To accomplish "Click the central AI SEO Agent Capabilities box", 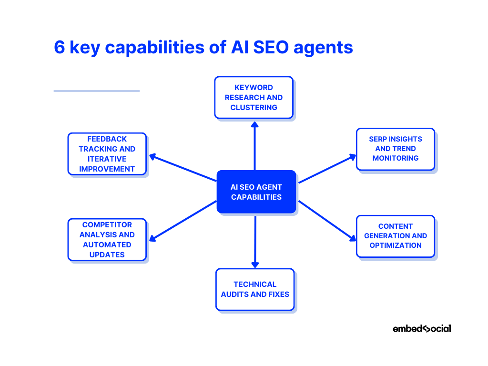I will pyautogui.click(x=256, y=192).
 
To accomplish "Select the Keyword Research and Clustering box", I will pyautogui.click(x=254, y=97).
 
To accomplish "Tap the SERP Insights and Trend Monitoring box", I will pyautogui.click(x=395, y=149).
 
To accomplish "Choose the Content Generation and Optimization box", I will pyautogui.click(x=395, y=236).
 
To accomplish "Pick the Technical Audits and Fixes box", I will pyautogui.click(x=255, y=289).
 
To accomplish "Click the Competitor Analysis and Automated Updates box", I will pyautogui.click(x=107, y=240).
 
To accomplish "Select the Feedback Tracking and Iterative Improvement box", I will pyautogui.click(x=107, y=154).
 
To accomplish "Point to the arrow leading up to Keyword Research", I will pyautogui.click(x=254, y=145).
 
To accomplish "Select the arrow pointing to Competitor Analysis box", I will pyautogui.click(x=183, y=220).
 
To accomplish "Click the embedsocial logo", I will pyautogui.click(x=421, y=328).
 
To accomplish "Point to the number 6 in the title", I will pyautogui.click(x=60, y=48).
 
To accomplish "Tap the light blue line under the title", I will pyautogui.click(x=96, y=91).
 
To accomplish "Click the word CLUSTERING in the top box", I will pyautogui.click(x=254, y=108).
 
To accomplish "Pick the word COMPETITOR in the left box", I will pyautogui.click(x=107, y=225).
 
